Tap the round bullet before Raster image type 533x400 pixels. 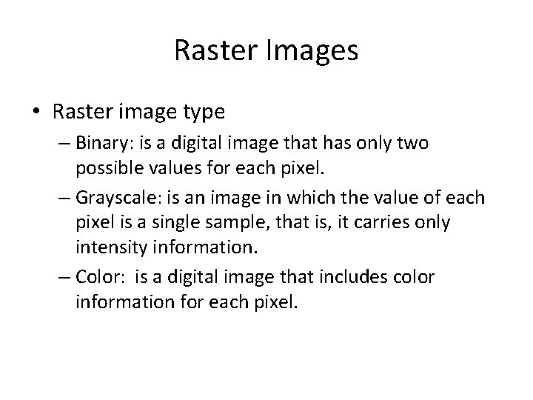(36, 112)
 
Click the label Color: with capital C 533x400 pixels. (97, 276)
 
